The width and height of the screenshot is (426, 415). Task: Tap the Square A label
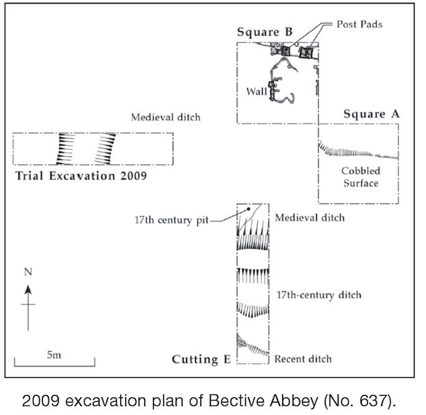click(371, 114)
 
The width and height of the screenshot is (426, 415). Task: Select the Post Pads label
click(360, 24)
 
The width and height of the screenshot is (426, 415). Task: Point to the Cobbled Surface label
click(360, 177)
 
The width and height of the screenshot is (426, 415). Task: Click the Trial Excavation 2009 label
click(81, 175)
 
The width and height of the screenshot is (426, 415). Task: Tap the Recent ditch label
click(303, 359)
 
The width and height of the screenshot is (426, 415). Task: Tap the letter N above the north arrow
click(28, 272)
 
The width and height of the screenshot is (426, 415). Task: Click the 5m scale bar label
click(54, 355)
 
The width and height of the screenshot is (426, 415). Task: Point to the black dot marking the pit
click(248, 209)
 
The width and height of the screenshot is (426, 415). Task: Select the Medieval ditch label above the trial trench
click(166, 117)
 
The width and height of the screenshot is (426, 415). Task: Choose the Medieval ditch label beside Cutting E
click(309, 218)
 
